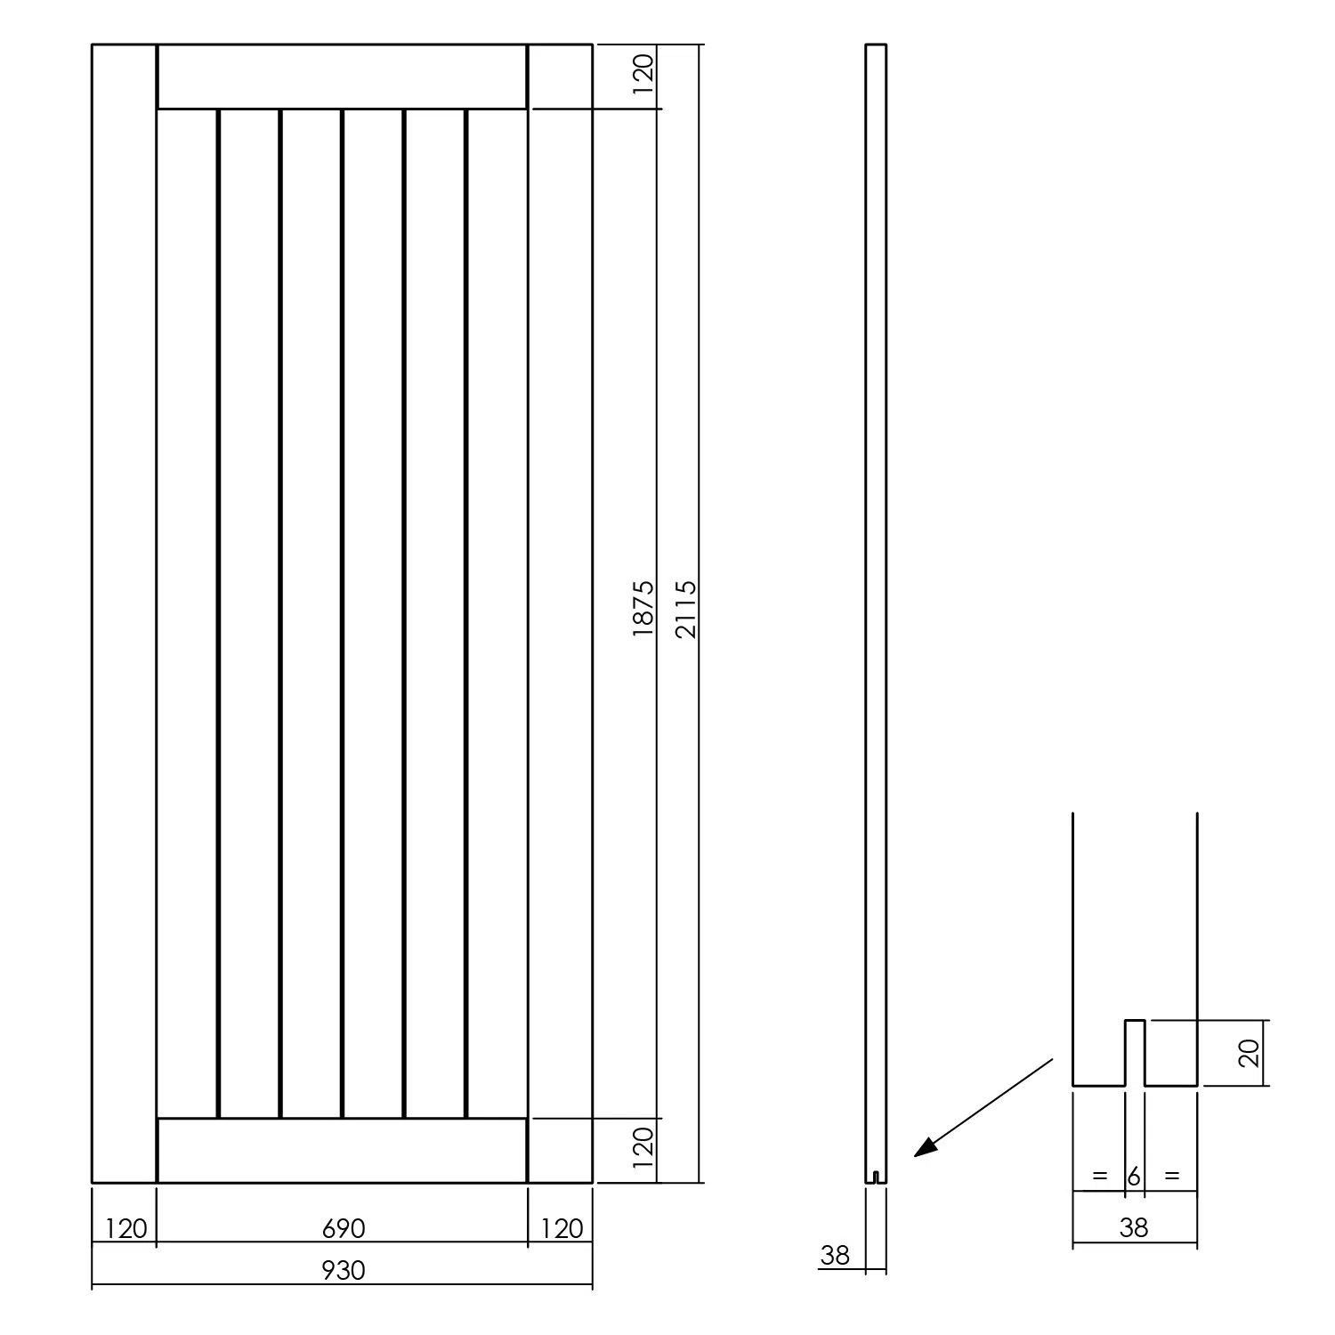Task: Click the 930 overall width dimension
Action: [x=343, y=1269]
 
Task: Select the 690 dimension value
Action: [x=343, y=1229]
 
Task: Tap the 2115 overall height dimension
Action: [x=687, y=610]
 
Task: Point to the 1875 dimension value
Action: [x=643, y=610]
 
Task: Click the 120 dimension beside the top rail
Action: [x=643, y=69]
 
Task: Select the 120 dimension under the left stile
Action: [x=125, y=1229]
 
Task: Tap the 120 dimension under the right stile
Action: [x=562, y=1229]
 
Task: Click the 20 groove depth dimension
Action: [x=1250, y=1053]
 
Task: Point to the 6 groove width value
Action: [x=1134, y=1177]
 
